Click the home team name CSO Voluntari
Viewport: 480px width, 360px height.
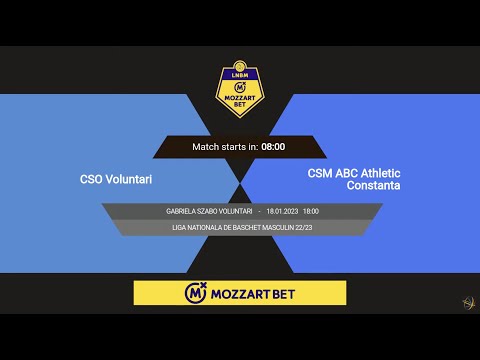tap(123, 180)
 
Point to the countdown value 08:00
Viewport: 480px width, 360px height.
tap(273, 147)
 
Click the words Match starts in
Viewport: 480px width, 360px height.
tap(225, 147)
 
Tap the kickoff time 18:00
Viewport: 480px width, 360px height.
tap(311, 212)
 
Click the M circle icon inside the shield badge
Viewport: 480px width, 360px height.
tap(240, 87)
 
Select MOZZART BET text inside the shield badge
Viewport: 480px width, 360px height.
tap(240, 101)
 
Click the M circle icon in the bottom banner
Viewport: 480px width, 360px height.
tap(196, 293)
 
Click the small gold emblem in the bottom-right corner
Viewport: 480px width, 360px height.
tap(467, 303)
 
